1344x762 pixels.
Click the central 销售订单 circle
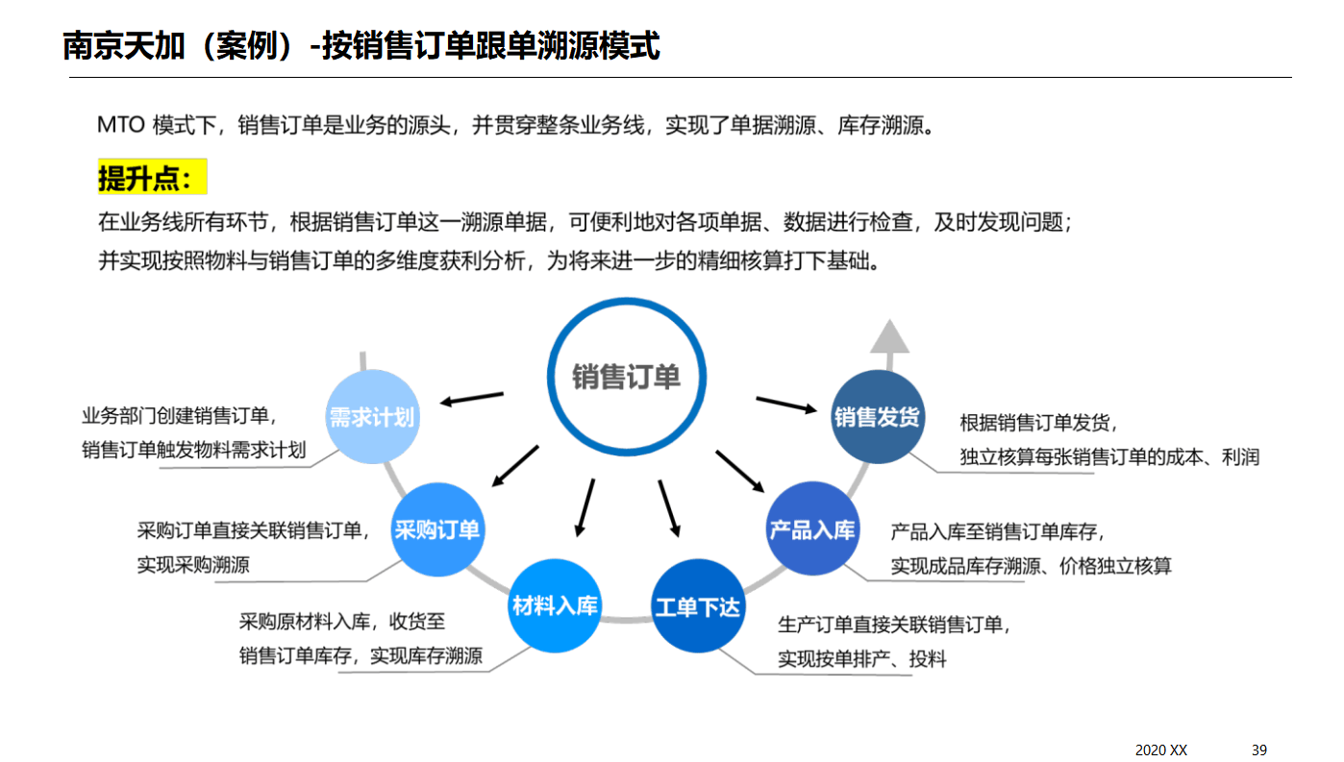coord(626,376)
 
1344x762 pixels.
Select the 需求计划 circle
coord(372,417)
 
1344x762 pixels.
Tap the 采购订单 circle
coord(437,529)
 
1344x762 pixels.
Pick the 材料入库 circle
coord(555,605)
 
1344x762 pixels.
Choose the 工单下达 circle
coord(698,606)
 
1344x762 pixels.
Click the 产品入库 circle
coord(812,529)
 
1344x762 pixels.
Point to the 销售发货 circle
coord(877,417)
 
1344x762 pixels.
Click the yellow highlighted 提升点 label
coord(152,178)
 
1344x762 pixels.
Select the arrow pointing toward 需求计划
coord(472,398)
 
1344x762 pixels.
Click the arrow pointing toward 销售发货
coord(785,405)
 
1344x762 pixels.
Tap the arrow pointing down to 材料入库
coord(585,506)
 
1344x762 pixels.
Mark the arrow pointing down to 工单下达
coord(669,507)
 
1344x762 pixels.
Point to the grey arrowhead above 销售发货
coord(889,336)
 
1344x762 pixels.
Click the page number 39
coord(1259,750)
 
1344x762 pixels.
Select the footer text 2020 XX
coord(1161,750)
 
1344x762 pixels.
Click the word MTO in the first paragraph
coord(121,125)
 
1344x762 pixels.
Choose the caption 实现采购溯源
coord(193,565)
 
